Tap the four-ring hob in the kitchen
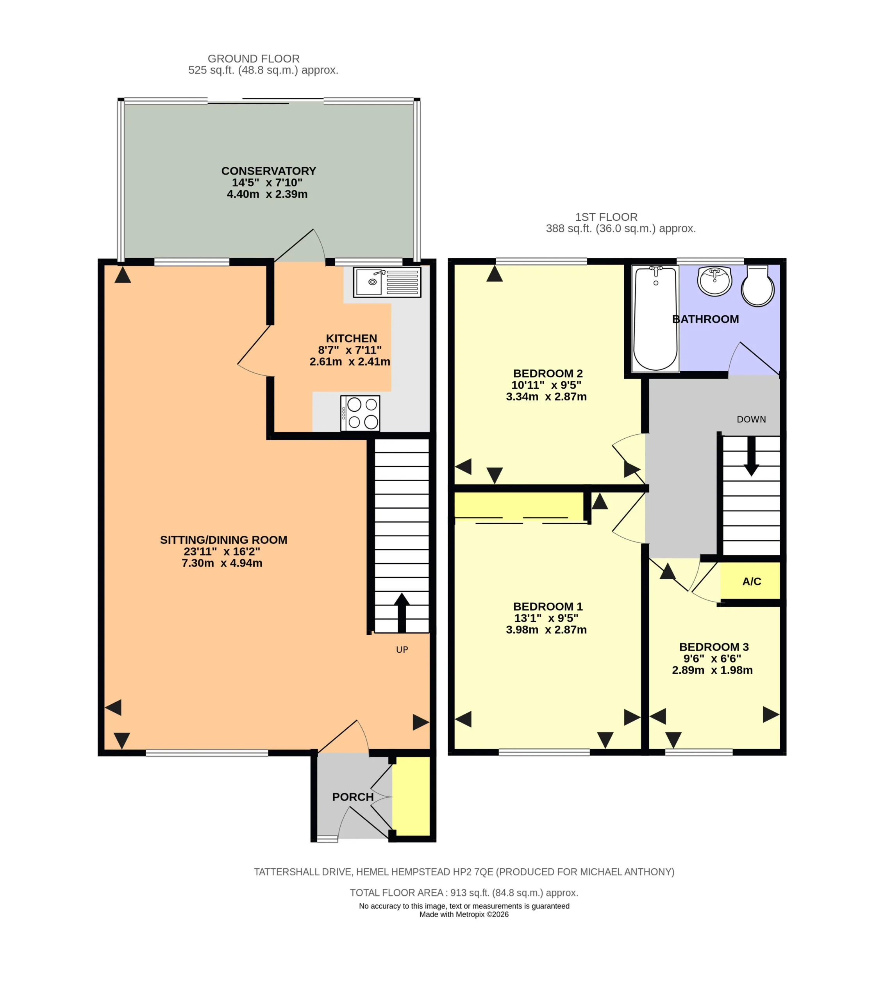pos(360,413)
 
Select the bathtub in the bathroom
pos(655,318)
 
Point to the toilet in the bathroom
pos(758,286)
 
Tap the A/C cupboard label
pos(752,581)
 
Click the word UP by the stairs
pos(402,650)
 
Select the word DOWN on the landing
pos(751,419)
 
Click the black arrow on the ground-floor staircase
pos(402,612)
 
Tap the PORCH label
pos(353,797)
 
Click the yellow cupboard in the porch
pos(411,796)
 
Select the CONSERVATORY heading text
pos(269,171)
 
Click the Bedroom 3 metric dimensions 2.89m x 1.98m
pos(712,670)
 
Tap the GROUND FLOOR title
pos(254,59)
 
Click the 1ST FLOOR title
pos(606,217)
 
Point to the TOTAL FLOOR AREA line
pos(464,893)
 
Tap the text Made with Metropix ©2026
pos(464,914)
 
